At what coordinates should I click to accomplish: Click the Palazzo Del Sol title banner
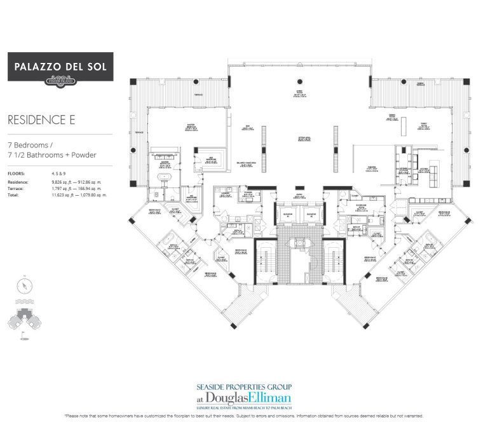[60, 67]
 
